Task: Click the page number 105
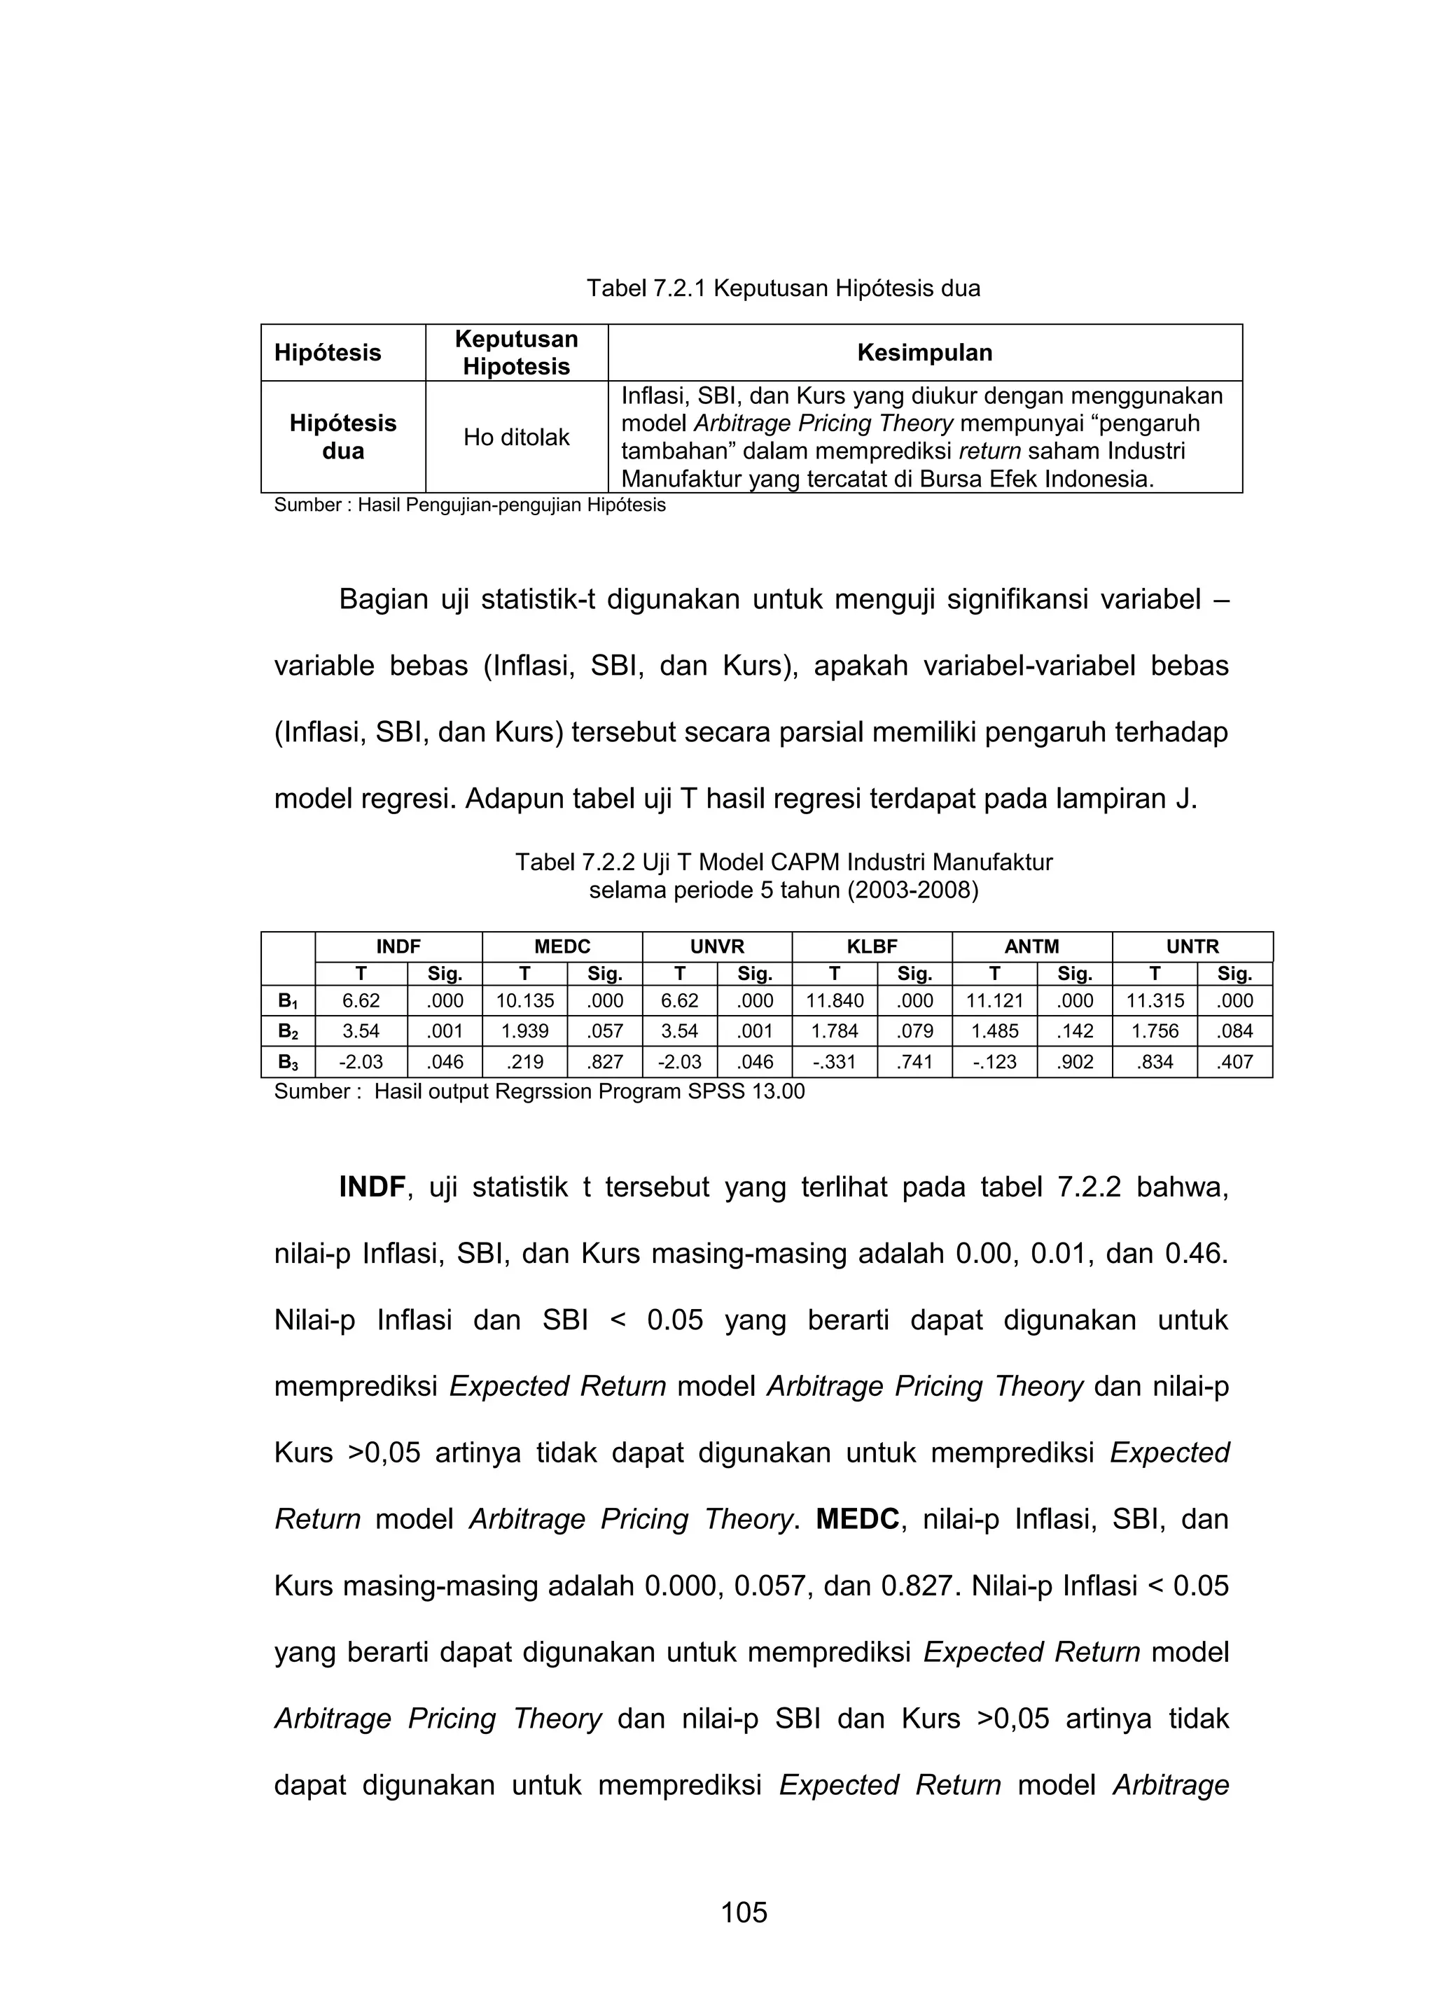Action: (744, 1912)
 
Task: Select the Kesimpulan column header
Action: (924, 353)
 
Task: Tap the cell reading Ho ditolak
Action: (517, 438)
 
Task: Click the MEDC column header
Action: (562, 947)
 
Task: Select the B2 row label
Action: (288, 1031)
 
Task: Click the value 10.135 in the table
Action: (524, 1001)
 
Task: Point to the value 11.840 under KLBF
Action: (835, 1001)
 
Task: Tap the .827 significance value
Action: (605, 1062)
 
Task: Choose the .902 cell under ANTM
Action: (1075, 1062)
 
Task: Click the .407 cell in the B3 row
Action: (1234, 1062)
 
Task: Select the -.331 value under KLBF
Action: (835, 1062)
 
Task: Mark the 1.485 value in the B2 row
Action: (994, 1031)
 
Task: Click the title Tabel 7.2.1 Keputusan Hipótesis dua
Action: (784, 288)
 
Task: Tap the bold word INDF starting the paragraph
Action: (372, 1188)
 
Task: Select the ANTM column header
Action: (1031, 947)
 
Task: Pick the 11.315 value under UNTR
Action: (1154, 1001)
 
